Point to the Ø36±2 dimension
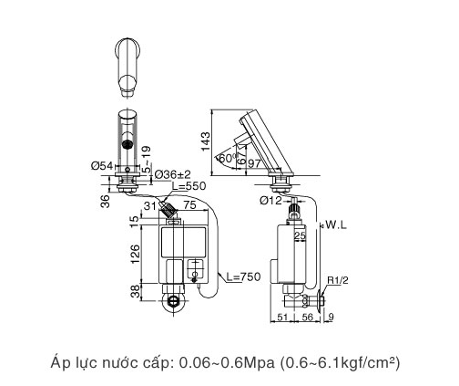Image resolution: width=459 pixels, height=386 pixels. [x=172, y=173]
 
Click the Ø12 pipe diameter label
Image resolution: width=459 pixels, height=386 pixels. [x=270, y=200]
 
